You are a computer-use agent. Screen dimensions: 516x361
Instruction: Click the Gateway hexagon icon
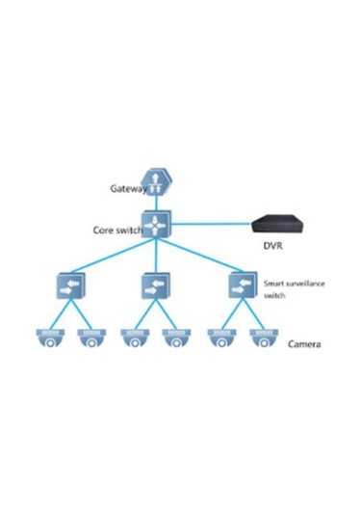coord(155,185)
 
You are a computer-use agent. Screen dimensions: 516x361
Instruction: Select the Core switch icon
coord(157,228)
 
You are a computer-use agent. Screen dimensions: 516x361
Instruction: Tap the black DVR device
coord(280,225)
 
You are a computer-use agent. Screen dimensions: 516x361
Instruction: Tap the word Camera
coord(304,343)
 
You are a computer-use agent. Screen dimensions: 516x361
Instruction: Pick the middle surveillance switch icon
coord(155,286)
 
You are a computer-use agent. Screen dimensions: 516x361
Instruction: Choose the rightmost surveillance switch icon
coord(241,286)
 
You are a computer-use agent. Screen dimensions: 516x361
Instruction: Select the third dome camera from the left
coord(134,339)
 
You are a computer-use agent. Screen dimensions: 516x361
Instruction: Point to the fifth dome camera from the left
coord(220,339)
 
